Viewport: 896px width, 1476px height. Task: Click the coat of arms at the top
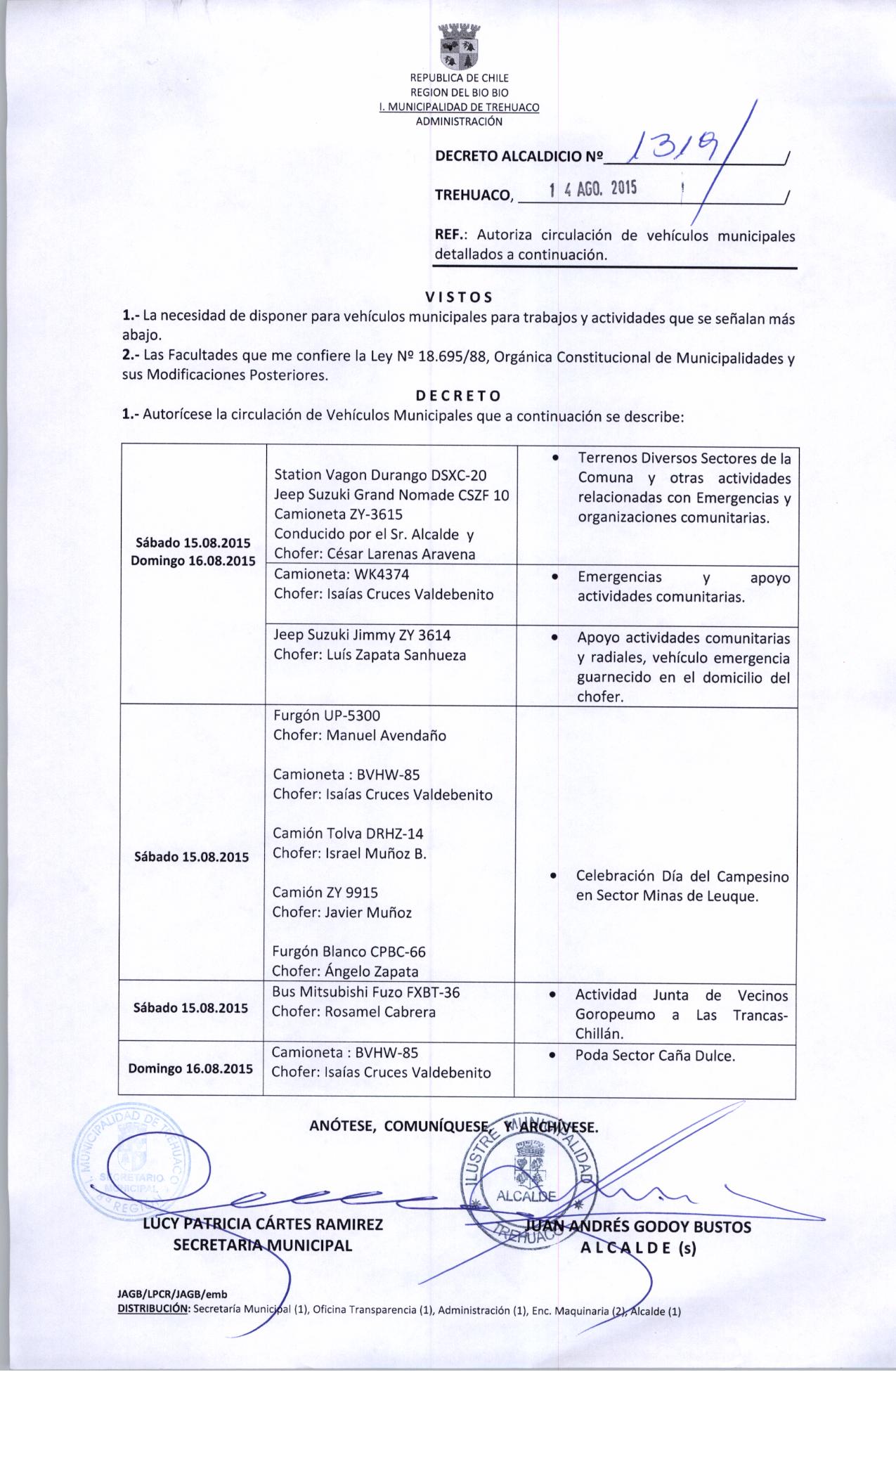(458, 47)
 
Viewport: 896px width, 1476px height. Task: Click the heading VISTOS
(459, 297)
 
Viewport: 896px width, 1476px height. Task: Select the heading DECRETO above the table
(458, 395)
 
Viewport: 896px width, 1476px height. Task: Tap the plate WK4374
(382, 574)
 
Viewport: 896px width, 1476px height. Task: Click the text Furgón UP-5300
(327, 716)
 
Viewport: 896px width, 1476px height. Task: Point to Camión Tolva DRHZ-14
(348, 834)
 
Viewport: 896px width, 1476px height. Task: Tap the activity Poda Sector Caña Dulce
(655, 1056)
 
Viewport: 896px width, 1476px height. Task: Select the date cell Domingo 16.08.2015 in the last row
(190, 1069)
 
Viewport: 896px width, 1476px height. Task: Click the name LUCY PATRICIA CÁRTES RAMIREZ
(263, 1224)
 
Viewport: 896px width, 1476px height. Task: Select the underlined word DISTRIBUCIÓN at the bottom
(154, 1309)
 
